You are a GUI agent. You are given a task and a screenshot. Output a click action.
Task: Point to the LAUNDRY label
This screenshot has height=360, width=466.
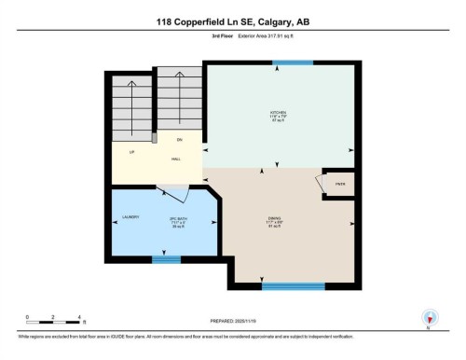pyautogui.click(x=130, y=217)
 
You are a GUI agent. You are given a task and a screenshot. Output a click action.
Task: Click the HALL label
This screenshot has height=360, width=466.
pyautogui.click(x=175, y=159)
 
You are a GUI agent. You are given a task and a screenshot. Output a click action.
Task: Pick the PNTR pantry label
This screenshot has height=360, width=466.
pyautogui.click(x=338, y=183)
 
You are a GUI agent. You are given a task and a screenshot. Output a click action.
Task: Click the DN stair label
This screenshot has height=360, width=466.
pyautogui.click(x=178, y=140)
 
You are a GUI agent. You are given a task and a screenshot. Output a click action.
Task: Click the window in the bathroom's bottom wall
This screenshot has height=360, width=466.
pyautogui.click(x=165, y=259)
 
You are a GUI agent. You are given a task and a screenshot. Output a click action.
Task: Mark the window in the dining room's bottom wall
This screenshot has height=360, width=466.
pyautogui.click(x=293, y=285)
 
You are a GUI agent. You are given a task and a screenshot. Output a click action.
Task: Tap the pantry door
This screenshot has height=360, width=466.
pyautogui.click(x=321, y=186)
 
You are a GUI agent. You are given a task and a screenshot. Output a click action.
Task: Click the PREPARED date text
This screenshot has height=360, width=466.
pyautogui.click(x=232, y=321)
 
